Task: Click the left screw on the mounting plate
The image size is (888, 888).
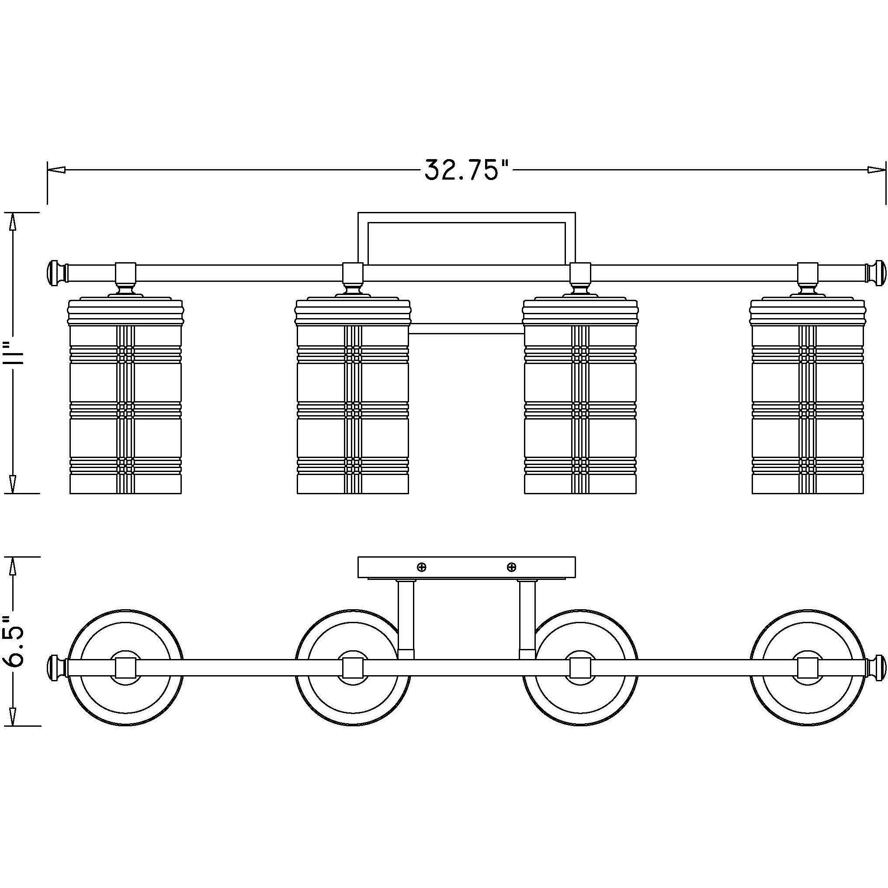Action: point(421,567)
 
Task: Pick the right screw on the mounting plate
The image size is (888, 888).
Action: point(511,567)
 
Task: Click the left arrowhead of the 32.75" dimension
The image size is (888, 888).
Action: point(56,170)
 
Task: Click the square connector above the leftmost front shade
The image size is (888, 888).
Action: point(125,273)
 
